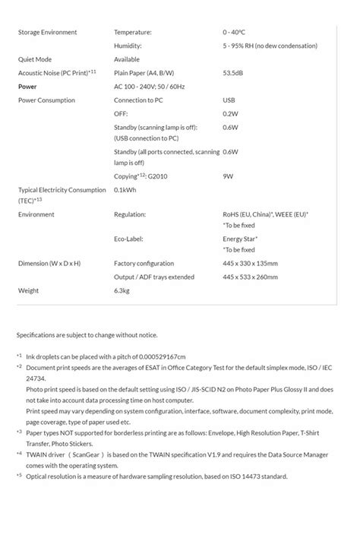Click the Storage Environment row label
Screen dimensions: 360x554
(47, 32)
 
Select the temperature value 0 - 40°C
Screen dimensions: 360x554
(234, 32)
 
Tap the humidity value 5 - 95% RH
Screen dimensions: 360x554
(270, 46)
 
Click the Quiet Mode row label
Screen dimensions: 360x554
(35, 59)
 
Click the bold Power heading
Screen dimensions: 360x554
(27, 87)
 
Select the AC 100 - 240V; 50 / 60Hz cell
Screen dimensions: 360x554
(150, 87)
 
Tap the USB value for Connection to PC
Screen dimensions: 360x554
(229, 100)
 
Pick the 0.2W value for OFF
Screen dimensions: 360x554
(230, 114)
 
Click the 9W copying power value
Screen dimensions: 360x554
(228, 176)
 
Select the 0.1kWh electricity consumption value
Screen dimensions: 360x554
(125, 190)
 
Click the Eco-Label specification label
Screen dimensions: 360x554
(131, 239)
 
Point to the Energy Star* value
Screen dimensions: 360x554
(238, 239)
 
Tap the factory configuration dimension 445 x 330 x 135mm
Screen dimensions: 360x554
(251, 264)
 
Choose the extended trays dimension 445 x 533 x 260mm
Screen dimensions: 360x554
(251, 277)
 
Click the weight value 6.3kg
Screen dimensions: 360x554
(122, 291)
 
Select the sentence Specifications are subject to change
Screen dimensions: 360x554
(87, 335)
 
